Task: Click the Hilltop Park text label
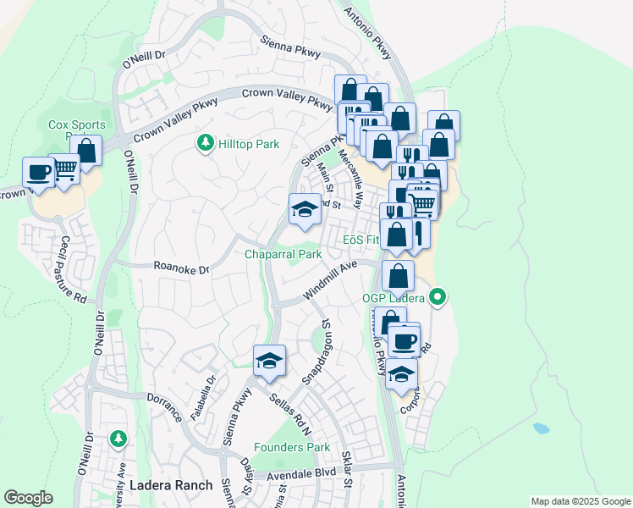click(249, 144)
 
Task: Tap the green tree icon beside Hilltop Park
click(204, 144)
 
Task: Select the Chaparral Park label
click(283, 254)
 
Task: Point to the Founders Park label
click(292, 447)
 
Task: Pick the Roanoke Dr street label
click(181, 268)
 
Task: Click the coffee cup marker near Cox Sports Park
click(38, 172)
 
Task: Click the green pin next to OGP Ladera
click(438, 297)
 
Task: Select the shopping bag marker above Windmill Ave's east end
click(398, 274)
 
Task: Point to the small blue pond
click(542, 428)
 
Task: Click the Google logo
click(28, 498)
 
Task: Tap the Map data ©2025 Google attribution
click(580, 501)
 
